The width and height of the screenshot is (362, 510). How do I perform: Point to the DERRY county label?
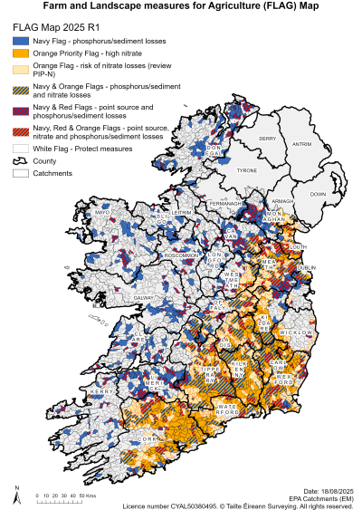(x=267, y=139)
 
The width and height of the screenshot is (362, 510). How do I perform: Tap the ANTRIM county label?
(x=302, y=143)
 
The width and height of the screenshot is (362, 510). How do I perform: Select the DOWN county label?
(x=318, y=194)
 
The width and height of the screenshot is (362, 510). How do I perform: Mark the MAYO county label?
(x=101, y=212)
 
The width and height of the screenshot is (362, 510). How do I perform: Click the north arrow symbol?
(x=16, y=492)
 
